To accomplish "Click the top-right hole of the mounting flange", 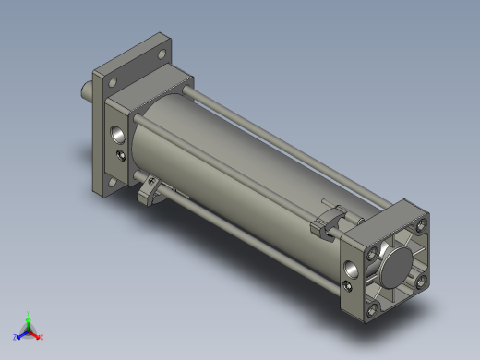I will pos(164,54).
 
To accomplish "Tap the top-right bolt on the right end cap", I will pos(423,225).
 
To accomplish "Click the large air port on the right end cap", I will pos(352,270).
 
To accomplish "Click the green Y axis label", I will pos(30,314).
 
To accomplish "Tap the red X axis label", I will pos(42,337).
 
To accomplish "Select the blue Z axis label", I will pos(16,337).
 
